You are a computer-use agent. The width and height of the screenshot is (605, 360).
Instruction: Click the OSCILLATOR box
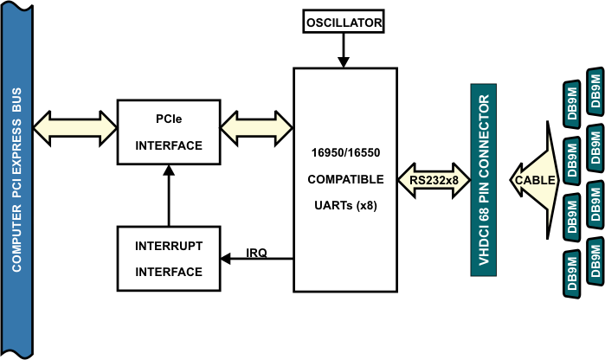[x=344, y=22]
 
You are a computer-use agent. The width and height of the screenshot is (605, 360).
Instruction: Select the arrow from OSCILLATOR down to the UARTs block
[x=344, y=50]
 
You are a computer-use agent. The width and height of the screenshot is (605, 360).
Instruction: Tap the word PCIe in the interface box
[x=169, y=119]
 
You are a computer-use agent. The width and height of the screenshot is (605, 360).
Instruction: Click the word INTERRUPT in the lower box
[x=169, y=246]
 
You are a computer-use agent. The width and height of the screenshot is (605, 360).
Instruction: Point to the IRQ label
[x=256, y=253]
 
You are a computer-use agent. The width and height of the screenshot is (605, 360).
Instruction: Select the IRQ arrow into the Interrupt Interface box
[x=256, y=259]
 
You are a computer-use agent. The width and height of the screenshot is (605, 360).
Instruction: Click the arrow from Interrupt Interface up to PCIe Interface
[x=169, y=196]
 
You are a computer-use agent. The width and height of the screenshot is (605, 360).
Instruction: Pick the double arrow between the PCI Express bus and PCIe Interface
[x=74, y=128]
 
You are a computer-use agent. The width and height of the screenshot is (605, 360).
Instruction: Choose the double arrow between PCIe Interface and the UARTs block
[x=256, y=128]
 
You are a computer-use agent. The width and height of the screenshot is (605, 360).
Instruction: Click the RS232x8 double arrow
[x=434, y=180]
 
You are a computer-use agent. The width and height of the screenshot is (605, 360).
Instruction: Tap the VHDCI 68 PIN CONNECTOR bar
[x=484, y=180]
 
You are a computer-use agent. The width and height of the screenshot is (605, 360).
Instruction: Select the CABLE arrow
[x=535, y=180]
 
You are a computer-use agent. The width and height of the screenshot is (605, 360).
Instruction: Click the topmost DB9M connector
[x=595, y=92]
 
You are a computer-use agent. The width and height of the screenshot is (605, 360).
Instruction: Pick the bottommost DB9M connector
[x=572, y=274]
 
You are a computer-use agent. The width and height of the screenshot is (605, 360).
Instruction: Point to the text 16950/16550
[x=345, y=153]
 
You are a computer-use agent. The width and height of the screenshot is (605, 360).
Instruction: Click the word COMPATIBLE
[x=345, y=179]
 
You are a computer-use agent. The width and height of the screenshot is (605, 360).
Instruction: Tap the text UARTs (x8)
[x=345, y=205]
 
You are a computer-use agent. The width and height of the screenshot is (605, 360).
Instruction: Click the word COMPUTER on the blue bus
[x=16, y=239]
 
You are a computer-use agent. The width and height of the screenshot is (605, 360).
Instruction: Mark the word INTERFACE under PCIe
[x=169, y=145]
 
